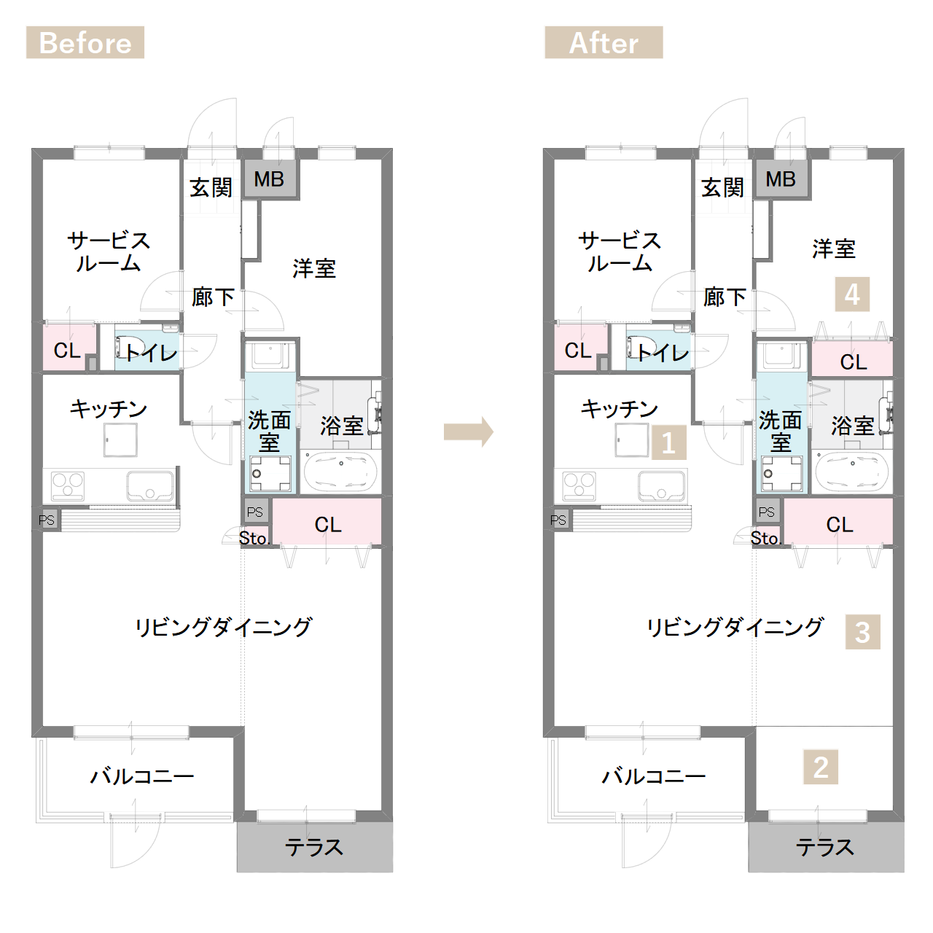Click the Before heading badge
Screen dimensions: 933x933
[x=85, y=42]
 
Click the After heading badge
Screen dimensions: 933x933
[x=604, y=42]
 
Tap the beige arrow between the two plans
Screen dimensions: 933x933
[x=468, y=432]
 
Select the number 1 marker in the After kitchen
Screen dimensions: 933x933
[x=668, y=442]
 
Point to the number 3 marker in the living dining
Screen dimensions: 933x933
[x=863, y=632]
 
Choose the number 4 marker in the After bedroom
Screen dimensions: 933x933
[x=852, y=294]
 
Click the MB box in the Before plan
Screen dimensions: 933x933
[x=269, y=179]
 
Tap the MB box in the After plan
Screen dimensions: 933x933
[x=781, y=179]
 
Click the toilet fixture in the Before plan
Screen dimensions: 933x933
[x=125, y=347]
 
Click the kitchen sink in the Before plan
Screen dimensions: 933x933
[x=149, y=486]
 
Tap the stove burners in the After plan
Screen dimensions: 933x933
[x=579, y=486]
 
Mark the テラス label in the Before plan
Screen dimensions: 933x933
[x=313, y=847]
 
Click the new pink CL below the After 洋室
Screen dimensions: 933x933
[x=852, y=359]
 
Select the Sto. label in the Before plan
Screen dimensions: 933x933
[x=253, y=538]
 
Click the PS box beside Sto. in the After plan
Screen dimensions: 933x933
[x=767, y=511]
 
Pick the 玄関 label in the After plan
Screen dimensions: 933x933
[x=722, y=187]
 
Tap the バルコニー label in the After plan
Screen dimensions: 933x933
[x=653, y=776]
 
